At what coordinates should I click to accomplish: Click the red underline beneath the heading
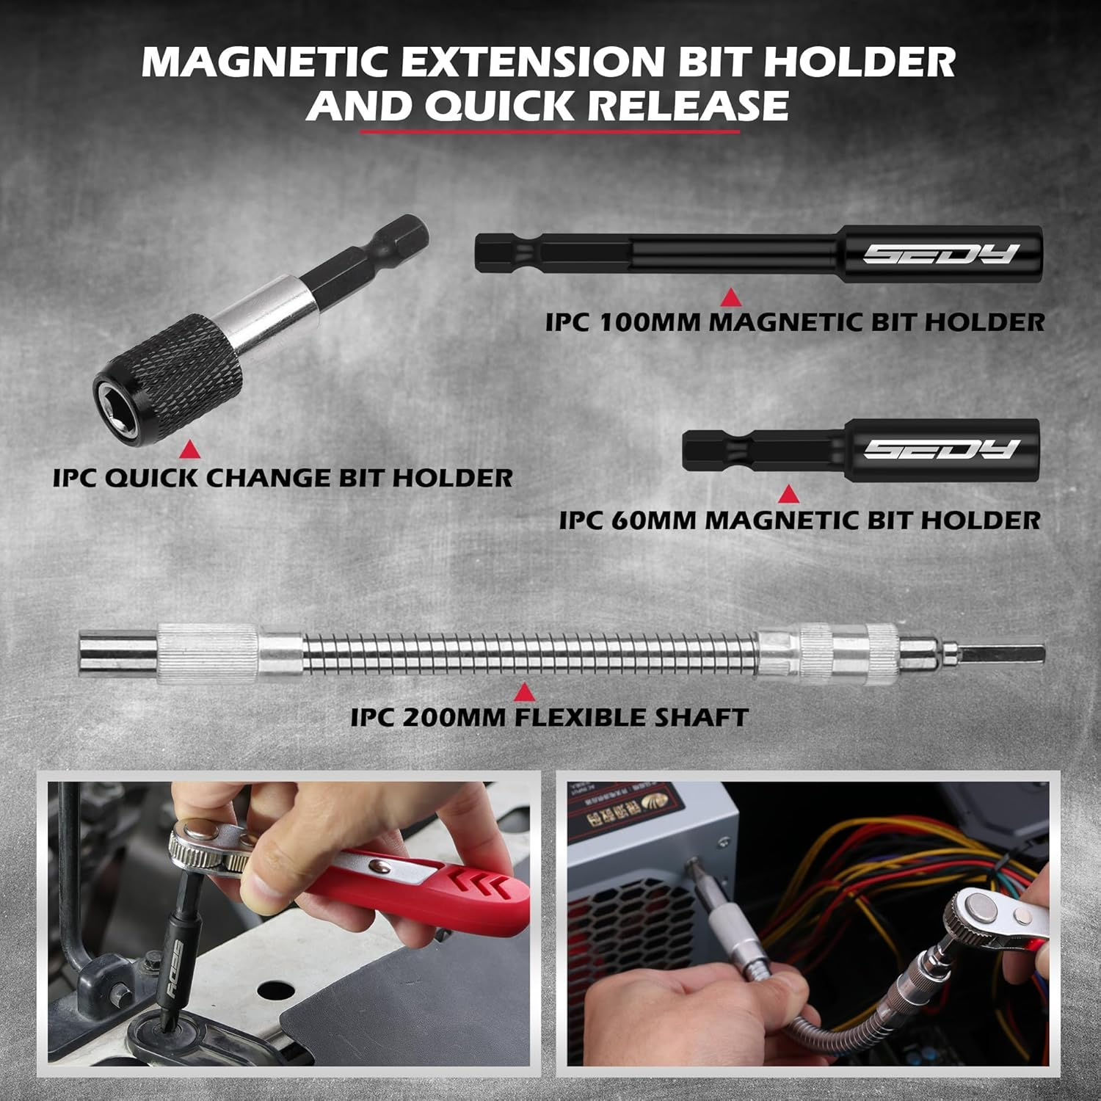549,132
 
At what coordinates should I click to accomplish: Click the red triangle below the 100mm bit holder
730,297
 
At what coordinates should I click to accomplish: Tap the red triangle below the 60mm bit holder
788,494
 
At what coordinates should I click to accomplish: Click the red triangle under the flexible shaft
523,692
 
